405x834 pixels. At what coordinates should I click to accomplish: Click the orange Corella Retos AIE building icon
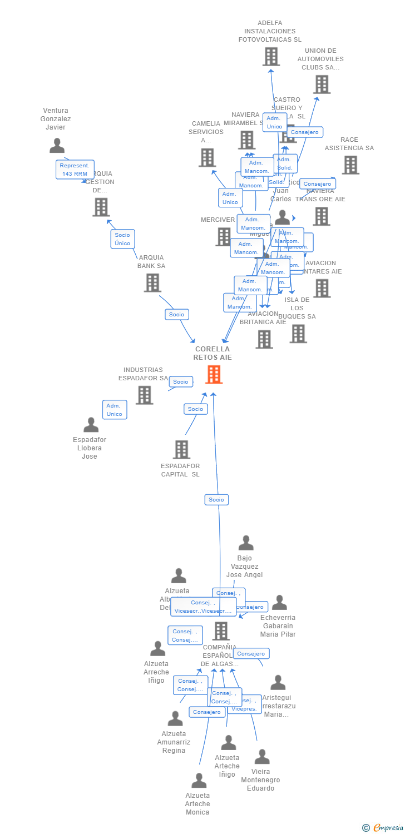tap(214, 374)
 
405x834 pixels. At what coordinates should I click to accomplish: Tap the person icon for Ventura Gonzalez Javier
tap(57, 146)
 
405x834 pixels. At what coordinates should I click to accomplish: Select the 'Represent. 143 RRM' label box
tap(75, 170)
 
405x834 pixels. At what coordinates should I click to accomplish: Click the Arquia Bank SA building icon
tap(152, 282)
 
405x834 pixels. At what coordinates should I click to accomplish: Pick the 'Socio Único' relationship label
tap(122, 239)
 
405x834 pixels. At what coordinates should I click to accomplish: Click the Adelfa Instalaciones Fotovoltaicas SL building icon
tap(270, 57)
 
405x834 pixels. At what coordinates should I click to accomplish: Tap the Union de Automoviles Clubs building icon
tap(322, 85)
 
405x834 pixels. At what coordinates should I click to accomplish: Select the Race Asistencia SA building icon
tap(350, 165)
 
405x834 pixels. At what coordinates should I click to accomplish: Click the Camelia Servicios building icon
tap(207, 158)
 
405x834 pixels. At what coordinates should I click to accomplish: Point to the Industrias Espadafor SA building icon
tap(144, 395)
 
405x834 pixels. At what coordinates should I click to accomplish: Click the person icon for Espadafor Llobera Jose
tap(91, 425)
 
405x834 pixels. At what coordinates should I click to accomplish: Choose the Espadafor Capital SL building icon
tap(181, 449)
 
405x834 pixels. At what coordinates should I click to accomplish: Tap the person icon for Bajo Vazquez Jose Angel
tap(246, 543)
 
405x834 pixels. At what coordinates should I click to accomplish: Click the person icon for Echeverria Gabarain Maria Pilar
tap(279, 603)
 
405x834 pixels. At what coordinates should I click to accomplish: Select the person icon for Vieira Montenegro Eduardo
tap(262, 757)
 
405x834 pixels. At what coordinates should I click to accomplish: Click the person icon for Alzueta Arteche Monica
tap(199, 781)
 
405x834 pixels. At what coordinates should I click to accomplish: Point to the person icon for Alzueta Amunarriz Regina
tap(175, 719)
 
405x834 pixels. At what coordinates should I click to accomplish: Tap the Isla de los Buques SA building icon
tap(298, 334)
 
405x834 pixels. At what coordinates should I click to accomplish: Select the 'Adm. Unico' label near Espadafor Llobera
tap(115, 410)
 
